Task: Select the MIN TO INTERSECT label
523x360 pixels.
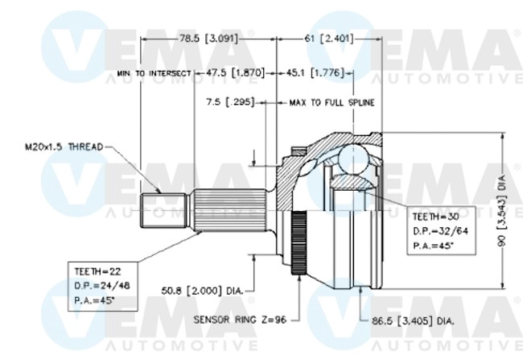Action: pos(154,73)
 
